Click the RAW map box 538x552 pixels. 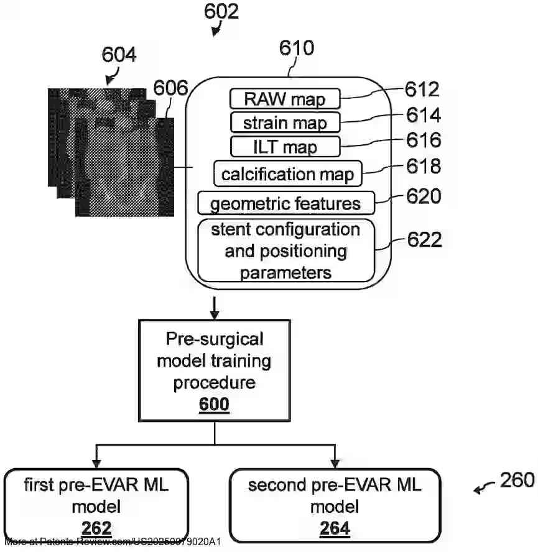pyautogui.click(x=285, y=99)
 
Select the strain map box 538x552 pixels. pyautogui.click(x=285, y=122)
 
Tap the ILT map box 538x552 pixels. pyautogui.click(x=285, y=147)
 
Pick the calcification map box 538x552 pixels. pyautogui.click(x=287, y=173)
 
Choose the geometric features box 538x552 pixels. pyautogui.click(x=285, y=203)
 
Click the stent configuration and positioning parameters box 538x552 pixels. pyautogui.click(x=285, y=251)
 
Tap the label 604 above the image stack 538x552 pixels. pyautogui.click(x=118, y=56)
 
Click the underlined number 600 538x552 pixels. pyautogui.click(x=214, y=405)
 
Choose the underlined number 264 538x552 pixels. pyautogui.click(x=335, y=528)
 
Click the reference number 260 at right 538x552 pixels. pyautogui.click(x=516, y=480)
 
